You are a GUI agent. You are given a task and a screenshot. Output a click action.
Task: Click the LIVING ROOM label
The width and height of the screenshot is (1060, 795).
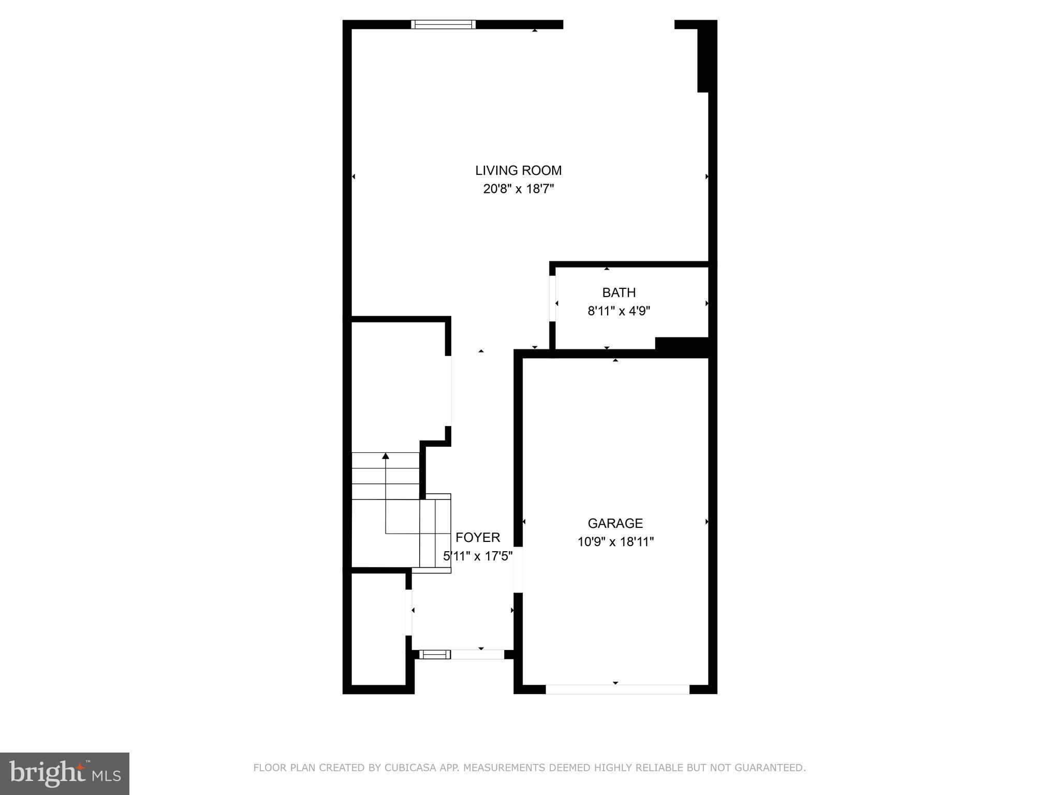pyautogui.click(x=518, y=170)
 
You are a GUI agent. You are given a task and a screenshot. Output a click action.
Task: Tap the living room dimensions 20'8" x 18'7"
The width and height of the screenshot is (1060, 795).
pyautogui.click(x=518, y=189)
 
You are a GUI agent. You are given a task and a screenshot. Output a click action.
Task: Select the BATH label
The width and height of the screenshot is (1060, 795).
pyautogui.click(x=619, y=292)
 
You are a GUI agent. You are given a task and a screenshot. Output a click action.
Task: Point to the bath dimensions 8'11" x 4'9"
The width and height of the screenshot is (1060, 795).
pyautogui.click(x=619, y=311)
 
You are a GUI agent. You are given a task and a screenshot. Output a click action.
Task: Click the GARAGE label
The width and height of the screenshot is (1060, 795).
pyautogui.click(x=615, y=523)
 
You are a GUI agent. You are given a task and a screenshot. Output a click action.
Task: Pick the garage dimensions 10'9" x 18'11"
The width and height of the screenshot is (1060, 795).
pyautogui.click(x=615, y=542)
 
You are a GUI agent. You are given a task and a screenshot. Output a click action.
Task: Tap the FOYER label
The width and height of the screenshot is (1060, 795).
pyautogui.click(x=477, y=537)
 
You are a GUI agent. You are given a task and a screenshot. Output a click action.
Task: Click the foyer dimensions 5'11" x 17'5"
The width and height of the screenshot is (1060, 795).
pyautogui.click(x=478, y=556)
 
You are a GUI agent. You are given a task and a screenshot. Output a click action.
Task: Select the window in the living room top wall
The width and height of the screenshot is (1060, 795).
pyautogui.click(x=443, y=24)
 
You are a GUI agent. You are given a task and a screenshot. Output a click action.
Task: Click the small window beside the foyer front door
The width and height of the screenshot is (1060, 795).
pyautogui.click(x=434, y=655)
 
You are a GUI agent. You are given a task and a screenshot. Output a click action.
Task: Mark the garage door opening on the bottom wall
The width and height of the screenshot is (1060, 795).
pyautogui.click(x=617, y=689)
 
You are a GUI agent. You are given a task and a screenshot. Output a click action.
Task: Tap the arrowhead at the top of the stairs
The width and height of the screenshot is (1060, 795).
pyautogui.click(x=385, y=456)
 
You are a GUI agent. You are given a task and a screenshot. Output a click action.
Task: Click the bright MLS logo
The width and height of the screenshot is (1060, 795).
pyautogui.click(x=64, y=774)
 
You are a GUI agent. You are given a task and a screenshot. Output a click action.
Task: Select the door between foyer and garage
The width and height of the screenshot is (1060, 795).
pyautogui.click(x=518, y=569)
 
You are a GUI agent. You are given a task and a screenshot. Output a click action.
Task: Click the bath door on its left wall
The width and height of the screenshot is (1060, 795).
pyautogui.click(x=552, y=299)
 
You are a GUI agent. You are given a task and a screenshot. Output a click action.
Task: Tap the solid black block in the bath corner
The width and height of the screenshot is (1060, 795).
pyautogui.click(x=682, y=344)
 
